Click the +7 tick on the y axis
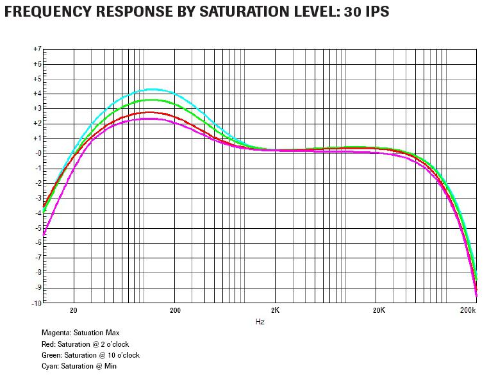point(38,49)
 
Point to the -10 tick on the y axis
point(37,303)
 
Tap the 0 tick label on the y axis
point(39,153)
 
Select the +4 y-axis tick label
point(38,94)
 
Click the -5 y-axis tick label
point(38,228)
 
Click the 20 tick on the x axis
point(74,310)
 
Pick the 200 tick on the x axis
point(175,310)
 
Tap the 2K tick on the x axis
point(276,310)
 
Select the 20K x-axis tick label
point(378,310)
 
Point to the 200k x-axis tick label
point(468,310)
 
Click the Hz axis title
point(260,321)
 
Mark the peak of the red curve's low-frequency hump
point(149,112)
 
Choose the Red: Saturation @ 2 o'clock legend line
point(85,344)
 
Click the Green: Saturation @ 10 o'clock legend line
point(90,355)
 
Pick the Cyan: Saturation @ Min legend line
point(79,366)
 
